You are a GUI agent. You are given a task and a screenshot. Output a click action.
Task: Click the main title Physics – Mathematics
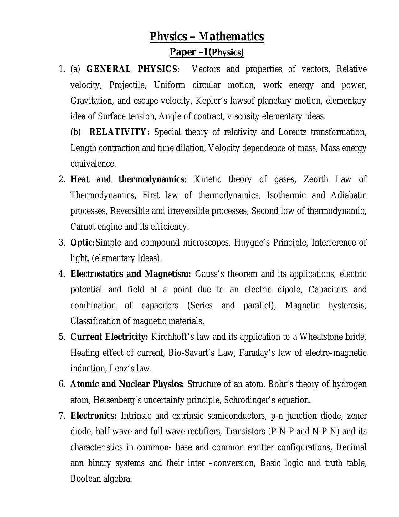207,37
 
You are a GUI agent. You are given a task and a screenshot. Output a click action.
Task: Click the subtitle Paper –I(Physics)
207,52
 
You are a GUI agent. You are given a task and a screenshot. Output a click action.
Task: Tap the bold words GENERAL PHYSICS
131,69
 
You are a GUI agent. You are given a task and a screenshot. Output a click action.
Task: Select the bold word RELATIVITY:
120,132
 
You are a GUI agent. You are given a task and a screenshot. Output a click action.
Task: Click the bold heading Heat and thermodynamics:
128,179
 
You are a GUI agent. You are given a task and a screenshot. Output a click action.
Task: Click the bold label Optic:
82,242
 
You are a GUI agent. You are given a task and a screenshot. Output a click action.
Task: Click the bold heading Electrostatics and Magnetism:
130,274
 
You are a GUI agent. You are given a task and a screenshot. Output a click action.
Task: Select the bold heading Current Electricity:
109,337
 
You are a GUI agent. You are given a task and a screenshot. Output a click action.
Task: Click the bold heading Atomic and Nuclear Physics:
127,384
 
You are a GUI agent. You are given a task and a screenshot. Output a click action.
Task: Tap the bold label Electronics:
93,416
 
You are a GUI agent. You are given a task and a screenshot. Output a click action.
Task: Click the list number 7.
61,416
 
